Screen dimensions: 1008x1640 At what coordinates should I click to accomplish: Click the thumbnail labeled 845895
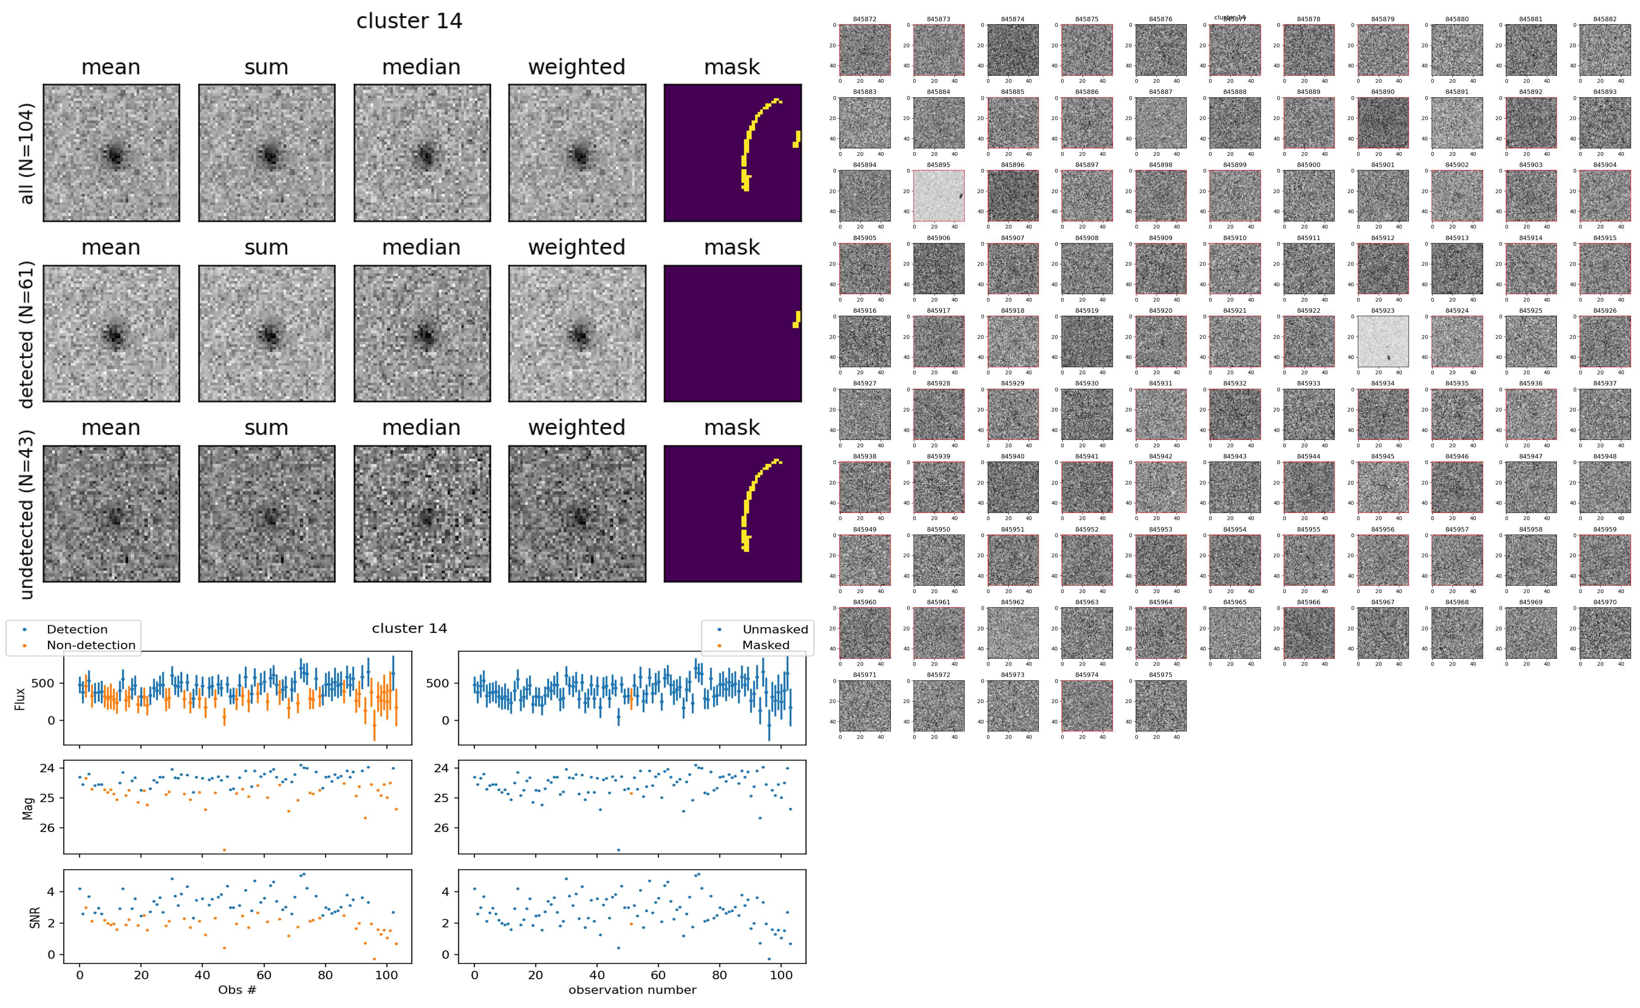tap(938, 195)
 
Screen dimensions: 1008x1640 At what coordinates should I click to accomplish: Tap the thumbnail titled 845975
tap(1160, 705)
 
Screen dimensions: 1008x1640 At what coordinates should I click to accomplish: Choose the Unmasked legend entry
tap(775, 629)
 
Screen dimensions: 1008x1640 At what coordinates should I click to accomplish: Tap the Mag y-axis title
tap(28, 807)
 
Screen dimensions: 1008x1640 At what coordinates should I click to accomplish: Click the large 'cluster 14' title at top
tap(409, 21)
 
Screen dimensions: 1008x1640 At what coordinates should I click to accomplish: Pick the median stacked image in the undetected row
tap(422, 514)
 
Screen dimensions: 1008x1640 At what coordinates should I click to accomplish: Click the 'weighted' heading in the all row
tap(577, 67)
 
